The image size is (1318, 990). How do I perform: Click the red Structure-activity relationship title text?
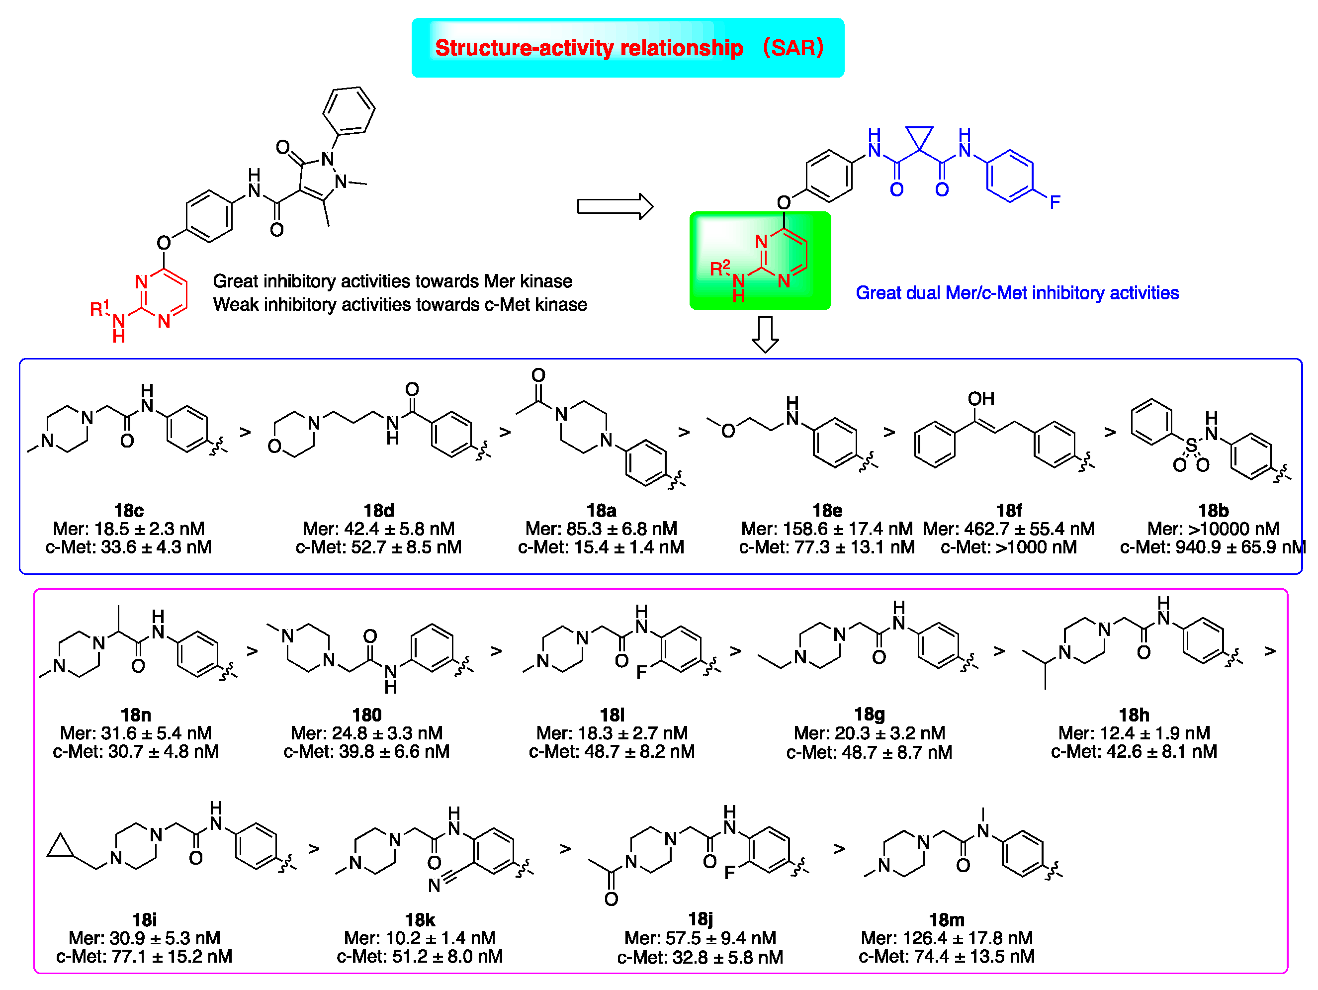(589, 48)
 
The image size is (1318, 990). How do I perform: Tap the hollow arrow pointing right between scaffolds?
(615, 206)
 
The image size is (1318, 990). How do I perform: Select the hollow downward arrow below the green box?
(765, 334)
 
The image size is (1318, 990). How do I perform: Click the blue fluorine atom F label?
(1054, 202)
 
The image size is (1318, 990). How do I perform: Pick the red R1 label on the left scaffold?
(99, 308)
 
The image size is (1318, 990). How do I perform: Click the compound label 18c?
(129, 510)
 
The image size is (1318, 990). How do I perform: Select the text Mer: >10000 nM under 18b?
(1213, 529)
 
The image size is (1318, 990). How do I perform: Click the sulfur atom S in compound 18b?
(1191, 445)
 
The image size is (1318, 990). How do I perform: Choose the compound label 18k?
(420, 920)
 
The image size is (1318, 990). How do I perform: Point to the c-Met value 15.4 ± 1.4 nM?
(601, 547)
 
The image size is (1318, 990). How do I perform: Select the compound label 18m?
(946, 920)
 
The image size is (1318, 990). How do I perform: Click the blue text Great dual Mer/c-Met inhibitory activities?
(1017, 293)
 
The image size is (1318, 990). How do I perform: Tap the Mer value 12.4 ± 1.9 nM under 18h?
(1134, 732)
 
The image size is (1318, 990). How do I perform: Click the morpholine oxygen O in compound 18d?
(274, 446)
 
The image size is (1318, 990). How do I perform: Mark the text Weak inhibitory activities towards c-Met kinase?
(400, 305)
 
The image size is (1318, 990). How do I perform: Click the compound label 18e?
(827, 510)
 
